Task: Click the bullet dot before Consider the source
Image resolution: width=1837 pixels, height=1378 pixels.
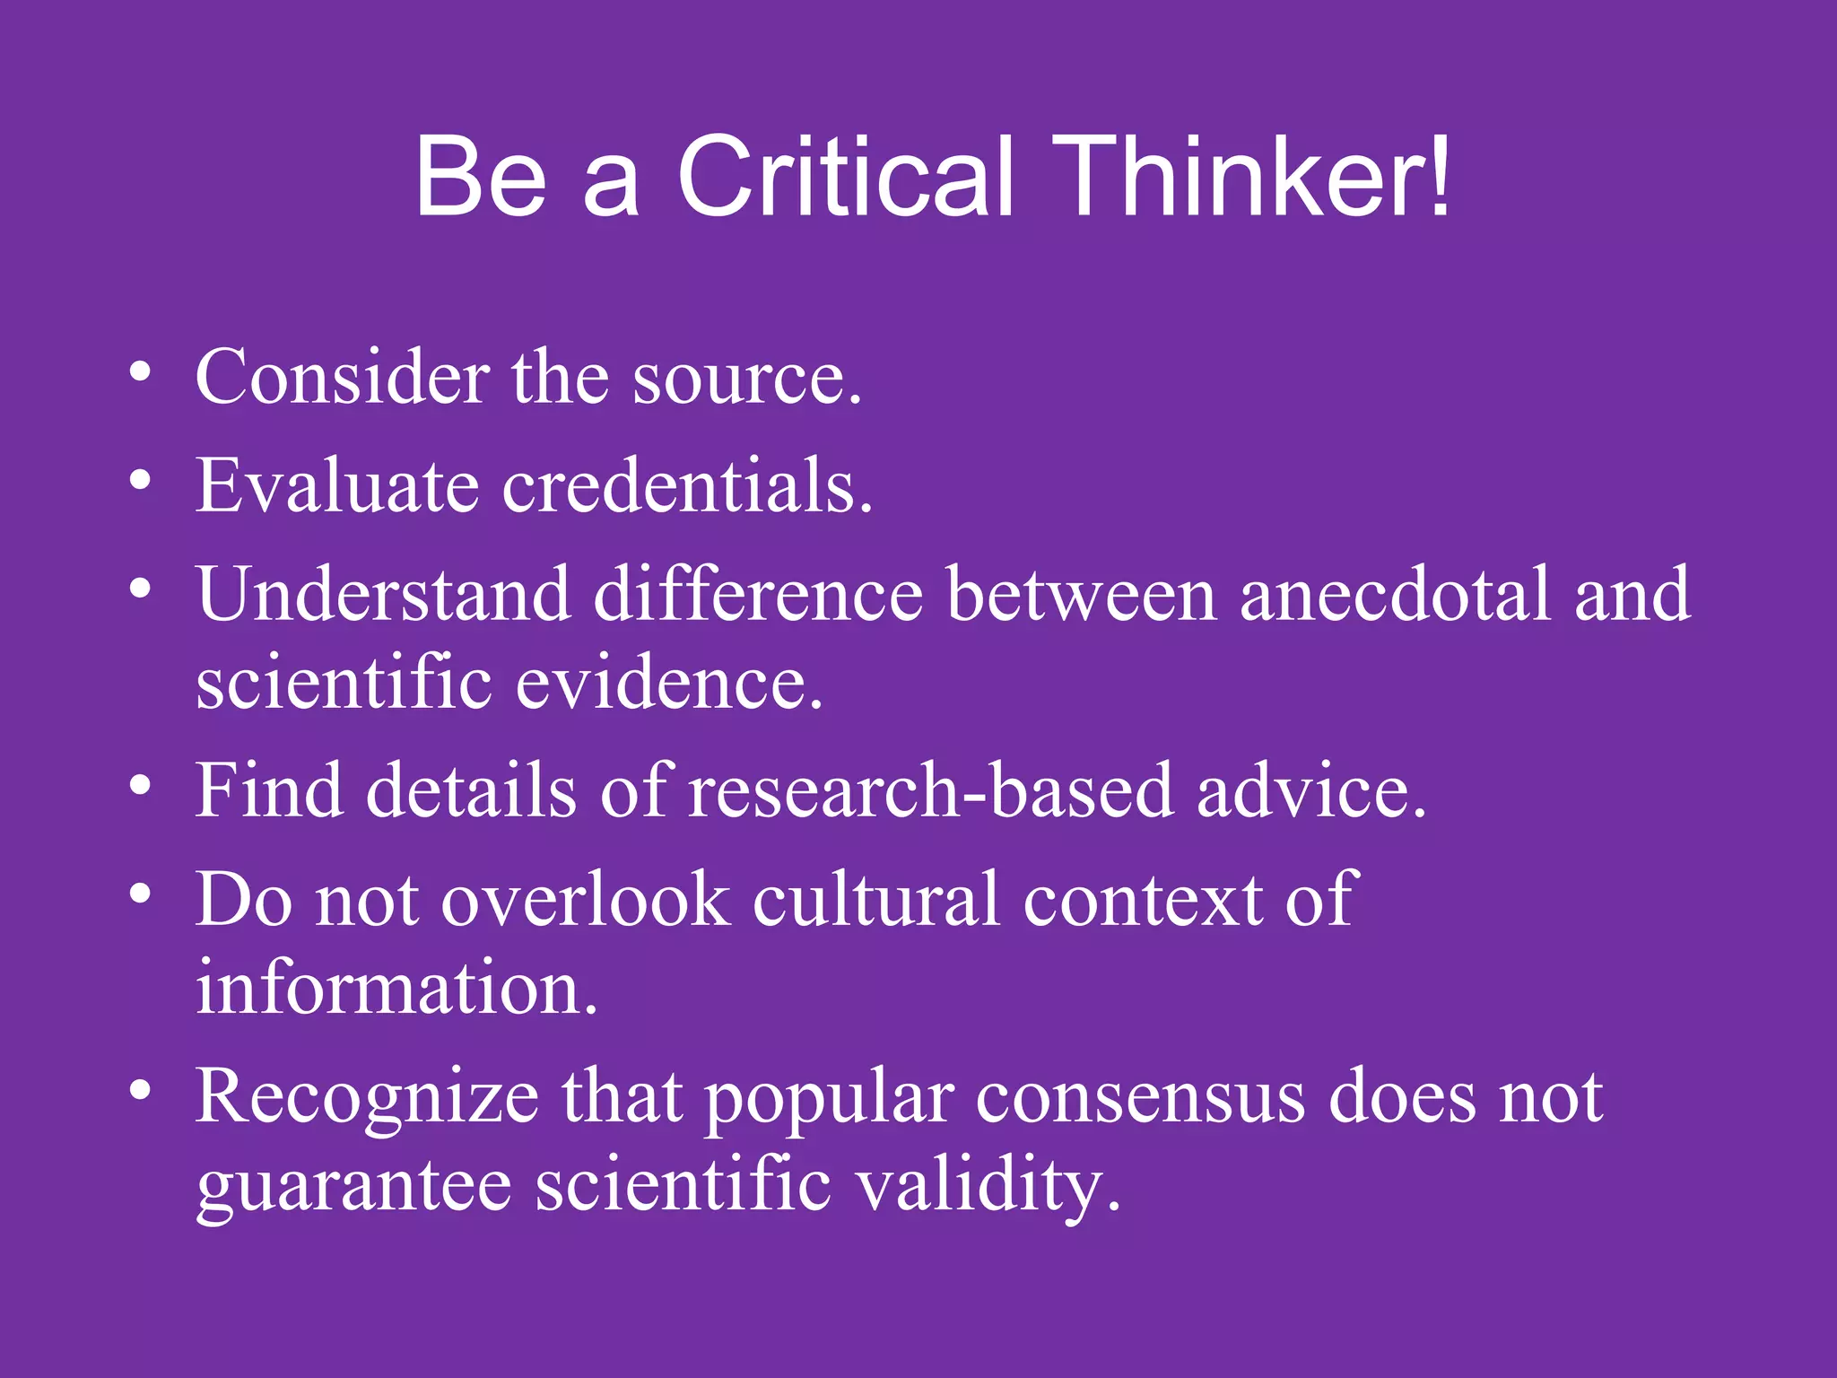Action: pyautogui.click(x=139, y=371)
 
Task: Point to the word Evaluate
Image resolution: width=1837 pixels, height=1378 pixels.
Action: pyautogui.click(x=337, y=485)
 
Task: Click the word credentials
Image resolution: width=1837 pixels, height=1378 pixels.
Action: pyautogui.click(x=686, y=485)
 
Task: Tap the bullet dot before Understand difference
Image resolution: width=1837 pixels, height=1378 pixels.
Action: pyautogui.click(x=139, y=589)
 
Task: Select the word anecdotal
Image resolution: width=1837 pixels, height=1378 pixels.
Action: pyautogui.click(x=1395, y=594)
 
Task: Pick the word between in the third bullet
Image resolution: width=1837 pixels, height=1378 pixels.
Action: pyautogui.click(x=1081, y=594)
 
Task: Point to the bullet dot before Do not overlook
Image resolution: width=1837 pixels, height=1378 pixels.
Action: pyautogui.click(x=139, y=894)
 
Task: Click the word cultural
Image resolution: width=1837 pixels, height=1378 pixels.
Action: pyautogui.click(x=875, y=900)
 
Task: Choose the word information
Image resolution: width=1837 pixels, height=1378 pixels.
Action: pyautogui.click(x=396, y=988)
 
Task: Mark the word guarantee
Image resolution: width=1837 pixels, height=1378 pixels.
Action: pyautogui.click(x=353, y=1186)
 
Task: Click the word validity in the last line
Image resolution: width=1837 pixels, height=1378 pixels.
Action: pyautogui.click(x=988, y=1186)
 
